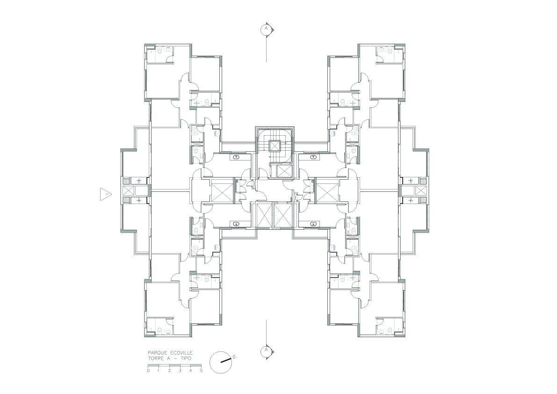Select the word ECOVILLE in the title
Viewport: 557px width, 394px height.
point(181,353)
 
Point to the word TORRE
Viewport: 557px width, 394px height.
point(156,358)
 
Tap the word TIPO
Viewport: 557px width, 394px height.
point(185,358)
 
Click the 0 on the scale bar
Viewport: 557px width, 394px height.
point(148,371)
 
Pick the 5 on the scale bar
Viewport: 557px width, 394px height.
point(201,371)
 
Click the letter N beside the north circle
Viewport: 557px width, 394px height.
point(234,357)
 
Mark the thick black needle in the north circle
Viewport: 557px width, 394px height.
point(226,360)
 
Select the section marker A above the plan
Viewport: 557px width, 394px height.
point(266,29)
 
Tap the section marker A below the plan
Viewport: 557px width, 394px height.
point(266,350)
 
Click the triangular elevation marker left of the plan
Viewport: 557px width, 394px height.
point(106,194)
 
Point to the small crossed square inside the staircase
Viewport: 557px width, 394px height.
point(275,146)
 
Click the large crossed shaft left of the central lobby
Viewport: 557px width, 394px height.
point(222,191)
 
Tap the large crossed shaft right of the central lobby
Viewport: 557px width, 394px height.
point(327,191)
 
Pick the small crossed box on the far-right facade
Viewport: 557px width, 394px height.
point(421,191)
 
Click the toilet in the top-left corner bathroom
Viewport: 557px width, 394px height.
point(159,51)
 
